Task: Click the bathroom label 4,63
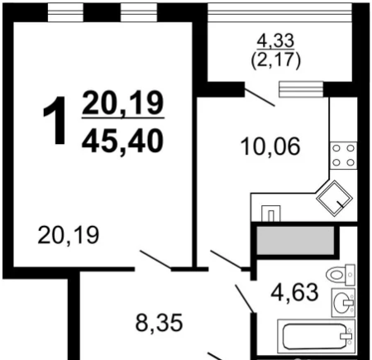(295, 292)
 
